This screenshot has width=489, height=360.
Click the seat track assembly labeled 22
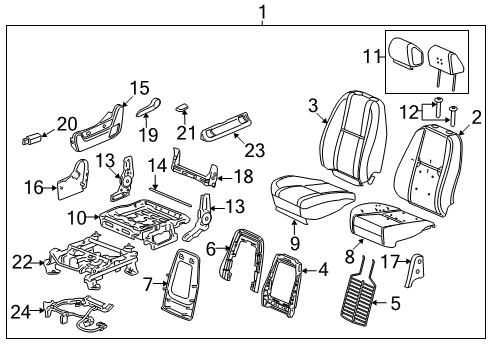[95, 265]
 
